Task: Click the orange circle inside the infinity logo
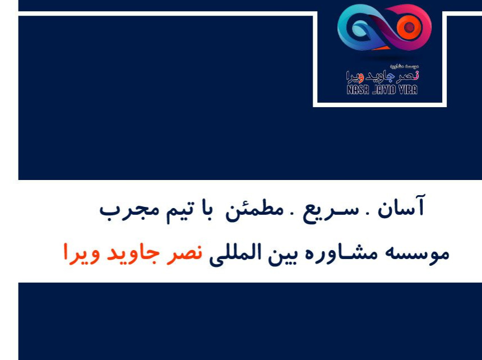410,27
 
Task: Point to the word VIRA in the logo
407,89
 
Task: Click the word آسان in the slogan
402,208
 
